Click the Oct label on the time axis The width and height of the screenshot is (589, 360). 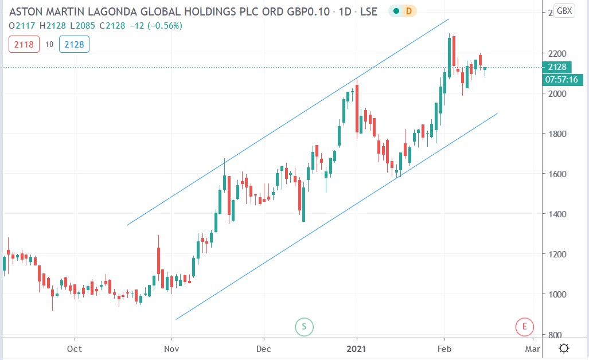(x=74, y=349)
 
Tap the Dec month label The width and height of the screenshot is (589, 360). (x=263, y=349)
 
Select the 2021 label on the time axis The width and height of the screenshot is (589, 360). (x=357, y=349)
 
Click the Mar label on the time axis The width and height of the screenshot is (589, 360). (x=533, y=349)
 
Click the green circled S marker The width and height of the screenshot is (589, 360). (x=304, y=327)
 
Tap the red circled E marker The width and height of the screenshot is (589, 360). (x=524, y=327)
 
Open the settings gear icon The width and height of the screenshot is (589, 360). (x=564, y=349)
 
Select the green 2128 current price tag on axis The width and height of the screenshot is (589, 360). (x=560, y=68)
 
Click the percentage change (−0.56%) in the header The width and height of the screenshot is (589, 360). (x=166, y=25)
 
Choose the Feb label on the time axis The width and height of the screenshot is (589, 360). (x=444, y=349)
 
